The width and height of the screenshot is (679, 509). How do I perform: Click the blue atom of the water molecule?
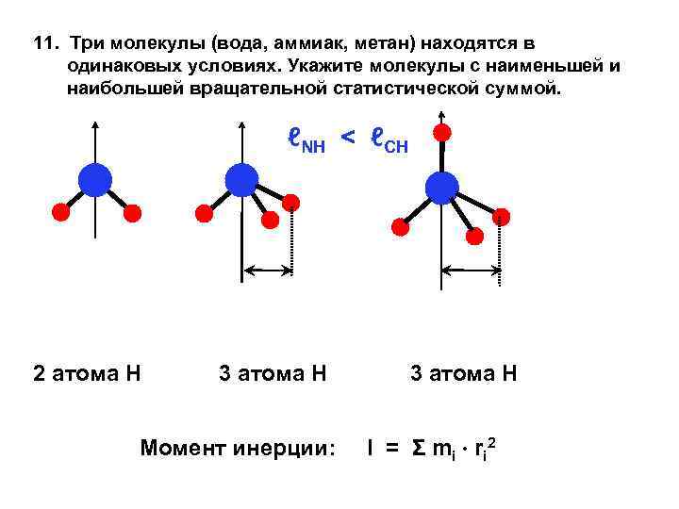pyautogui.click(x=94, y=179)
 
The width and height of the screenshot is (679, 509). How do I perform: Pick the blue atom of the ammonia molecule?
pyautogui.click(x=241, y=179)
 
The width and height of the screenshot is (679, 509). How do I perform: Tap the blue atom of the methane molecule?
pyautogui.click(x=441, y=189)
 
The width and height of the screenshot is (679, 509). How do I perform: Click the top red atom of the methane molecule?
pyautogui.click(x=441, y=131)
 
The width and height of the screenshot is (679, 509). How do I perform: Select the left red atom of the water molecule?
pyautogui.click(x=59, y=212)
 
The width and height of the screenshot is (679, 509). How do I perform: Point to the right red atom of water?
pyautogui.click(x=133, y=213)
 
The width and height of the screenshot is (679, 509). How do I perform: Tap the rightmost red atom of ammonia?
pyautogui.click(x=291, y=203)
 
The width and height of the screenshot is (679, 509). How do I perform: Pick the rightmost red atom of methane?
pyautogui.click(x=501, y=217)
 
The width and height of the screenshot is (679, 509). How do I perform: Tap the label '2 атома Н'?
pyautogui.click(x=87, y=373)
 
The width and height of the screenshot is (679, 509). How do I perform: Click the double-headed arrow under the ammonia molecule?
pyautogui.click(x=269, y=271)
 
